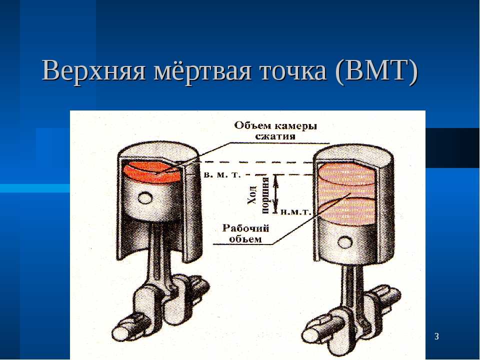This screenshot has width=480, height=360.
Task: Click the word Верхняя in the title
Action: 93,70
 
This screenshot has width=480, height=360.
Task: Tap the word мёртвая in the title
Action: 202,70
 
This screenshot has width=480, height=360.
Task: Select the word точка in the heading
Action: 293,71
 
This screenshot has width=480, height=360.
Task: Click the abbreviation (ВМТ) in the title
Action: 376,71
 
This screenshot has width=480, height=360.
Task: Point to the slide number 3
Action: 436,336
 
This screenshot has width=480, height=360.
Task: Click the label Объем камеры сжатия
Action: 275,130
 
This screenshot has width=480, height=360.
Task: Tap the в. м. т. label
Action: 222,175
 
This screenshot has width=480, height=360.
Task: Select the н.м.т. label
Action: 295,212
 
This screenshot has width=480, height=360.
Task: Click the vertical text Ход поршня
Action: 258,194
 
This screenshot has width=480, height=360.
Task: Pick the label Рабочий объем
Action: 246,233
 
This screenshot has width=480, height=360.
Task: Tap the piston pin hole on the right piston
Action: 345,242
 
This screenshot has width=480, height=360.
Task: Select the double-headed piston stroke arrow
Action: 276,193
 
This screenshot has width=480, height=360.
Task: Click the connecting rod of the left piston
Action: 158,260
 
